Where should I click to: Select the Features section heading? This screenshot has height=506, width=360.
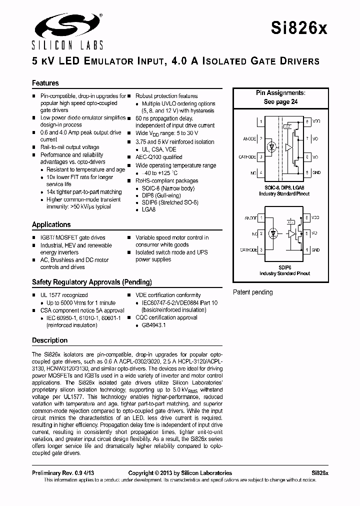[45, 83]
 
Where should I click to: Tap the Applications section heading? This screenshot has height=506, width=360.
[51, 224]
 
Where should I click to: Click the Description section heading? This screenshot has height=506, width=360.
[49, 340]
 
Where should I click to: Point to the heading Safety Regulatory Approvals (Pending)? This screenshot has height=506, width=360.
[91, 282]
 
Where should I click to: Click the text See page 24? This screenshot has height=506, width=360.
[280, 101]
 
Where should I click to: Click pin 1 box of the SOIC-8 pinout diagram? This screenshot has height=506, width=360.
[261, 121]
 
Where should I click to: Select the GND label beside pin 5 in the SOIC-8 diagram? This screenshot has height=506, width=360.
[316, 172]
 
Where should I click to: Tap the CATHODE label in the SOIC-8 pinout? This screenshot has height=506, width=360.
[247, 157]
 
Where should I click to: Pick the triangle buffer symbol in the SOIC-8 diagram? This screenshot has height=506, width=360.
[289, 148]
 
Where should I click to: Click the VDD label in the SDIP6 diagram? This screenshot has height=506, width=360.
[315, 218]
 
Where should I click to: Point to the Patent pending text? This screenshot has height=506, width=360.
[253, 292]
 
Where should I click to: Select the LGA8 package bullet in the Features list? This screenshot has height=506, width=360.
[149, 210]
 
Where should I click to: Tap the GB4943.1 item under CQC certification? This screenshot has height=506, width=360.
[154, 325]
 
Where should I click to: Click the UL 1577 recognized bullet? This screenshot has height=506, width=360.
[63, 295]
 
